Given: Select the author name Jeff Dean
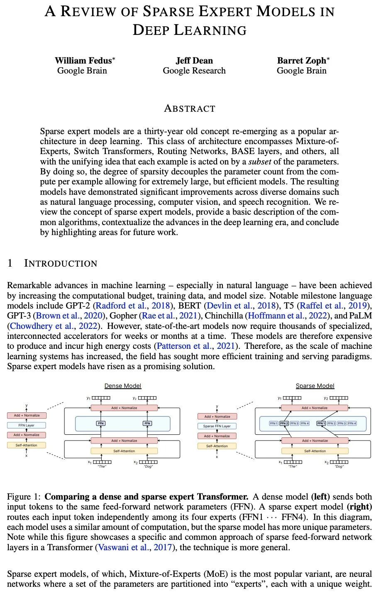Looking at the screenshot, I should (194, 61).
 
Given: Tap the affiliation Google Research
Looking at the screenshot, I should (194, 71).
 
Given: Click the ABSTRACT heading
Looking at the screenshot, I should (190, 109).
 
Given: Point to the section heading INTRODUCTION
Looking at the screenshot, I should (61, 263).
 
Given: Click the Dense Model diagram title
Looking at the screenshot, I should (123, 386).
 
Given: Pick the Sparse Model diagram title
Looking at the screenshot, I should (315, 386).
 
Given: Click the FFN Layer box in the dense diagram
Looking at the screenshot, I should (27, 425).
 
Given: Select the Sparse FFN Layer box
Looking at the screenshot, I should (217, 426).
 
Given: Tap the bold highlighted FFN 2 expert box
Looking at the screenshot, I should (284, 424).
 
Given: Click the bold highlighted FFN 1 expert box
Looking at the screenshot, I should (321, 424).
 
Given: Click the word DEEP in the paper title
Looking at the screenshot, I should (151, 30).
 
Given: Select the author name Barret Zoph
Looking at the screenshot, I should (302, 61).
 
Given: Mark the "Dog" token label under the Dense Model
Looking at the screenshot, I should (148, 467).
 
